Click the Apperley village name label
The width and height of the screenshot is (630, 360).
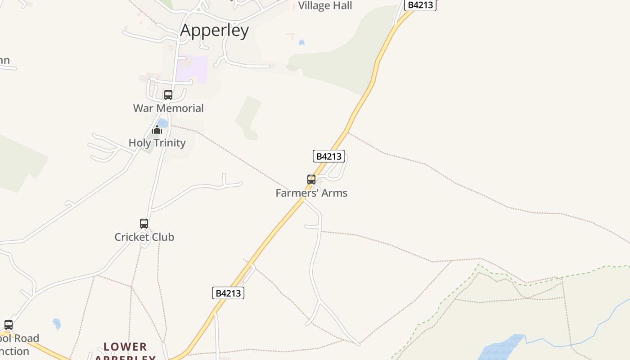point(214,31)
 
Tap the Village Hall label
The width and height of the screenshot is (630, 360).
point(325,6)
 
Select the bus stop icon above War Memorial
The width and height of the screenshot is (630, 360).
point(168,95)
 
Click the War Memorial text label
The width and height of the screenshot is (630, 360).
point(168,108)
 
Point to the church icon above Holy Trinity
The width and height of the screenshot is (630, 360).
point(157,130)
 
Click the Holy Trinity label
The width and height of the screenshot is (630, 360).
point(157,143)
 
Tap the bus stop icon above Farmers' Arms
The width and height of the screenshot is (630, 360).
point(311,180)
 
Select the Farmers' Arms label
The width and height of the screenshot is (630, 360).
point(311,193)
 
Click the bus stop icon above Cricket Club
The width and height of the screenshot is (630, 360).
point(144,224)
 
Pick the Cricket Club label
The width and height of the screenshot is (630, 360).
point(144,237)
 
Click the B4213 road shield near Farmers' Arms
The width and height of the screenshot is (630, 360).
point(329,156)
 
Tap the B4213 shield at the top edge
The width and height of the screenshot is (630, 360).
point(420,5)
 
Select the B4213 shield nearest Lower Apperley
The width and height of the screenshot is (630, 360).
point(228,293)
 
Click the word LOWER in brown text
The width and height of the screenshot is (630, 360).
point(125,347)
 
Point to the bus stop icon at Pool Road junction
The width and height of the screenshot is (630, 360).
point(9,325)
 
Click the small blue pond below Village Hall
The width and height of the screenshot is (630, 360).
point(301,43)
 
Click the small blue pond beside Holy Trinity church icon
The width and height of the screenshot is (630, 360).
point(163,123)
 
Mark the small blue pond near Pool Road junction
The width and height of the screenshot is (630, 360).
point(57,323)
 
